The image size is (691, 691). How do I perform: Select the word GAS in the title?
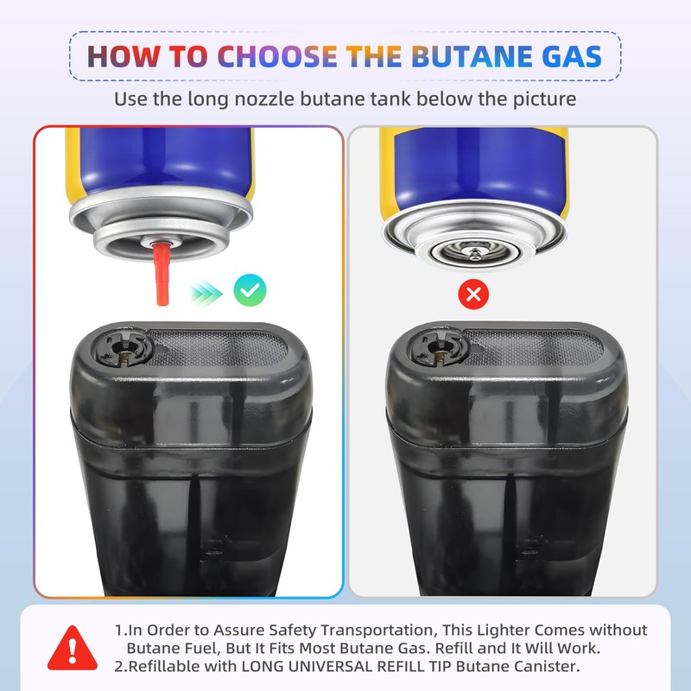(569, 57)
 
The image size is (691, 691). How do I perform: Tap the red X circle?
(472, 295)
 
